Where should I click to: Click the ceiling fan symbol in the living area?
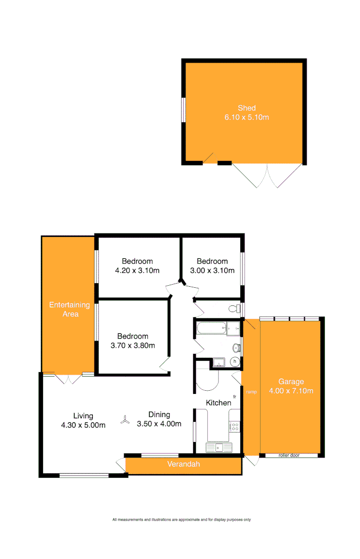[x=124, y=421]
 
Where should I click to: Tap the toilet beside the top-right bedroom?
[x=234, y=309]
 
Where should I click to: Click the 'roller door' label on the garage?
[x=290, y=455]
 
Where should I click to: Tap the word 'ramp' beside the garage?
[x=251, y=391]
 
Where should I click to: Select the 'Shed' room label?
[x=247, y=108]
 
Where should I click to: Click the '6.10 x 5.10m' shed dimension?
[x=247, y=117]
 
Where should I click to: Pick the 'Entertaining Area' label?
[x=69, y=309]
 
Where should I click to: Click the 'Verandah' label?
[x=183, y=464]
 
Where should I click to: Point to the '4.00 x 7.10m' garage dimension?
[x=291, y=391]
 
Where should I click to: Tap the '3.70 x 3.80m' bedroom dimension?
[x=132, y=345]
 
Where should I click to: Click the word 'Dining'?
[x=159, y=415]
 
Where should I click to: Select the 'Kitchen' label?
[x=219, y=403]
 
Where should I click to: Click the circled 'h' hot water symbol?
[x=235, y=361]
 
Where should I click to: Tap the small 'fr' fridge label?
[x=235, y=396]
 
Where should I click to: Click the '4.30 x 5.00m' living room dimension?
[x=83, y=425]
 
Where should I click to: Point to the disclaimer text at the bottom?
[x=181, y=520]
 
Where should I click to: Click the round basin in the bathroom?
[x=236, y=347]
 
